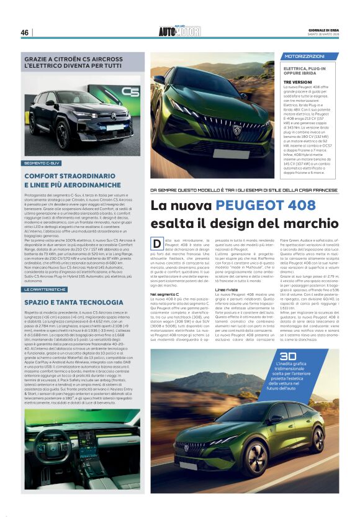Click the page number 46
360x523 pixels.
(25, 32)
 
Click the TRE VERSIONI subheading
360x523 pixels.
(298, 82)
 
